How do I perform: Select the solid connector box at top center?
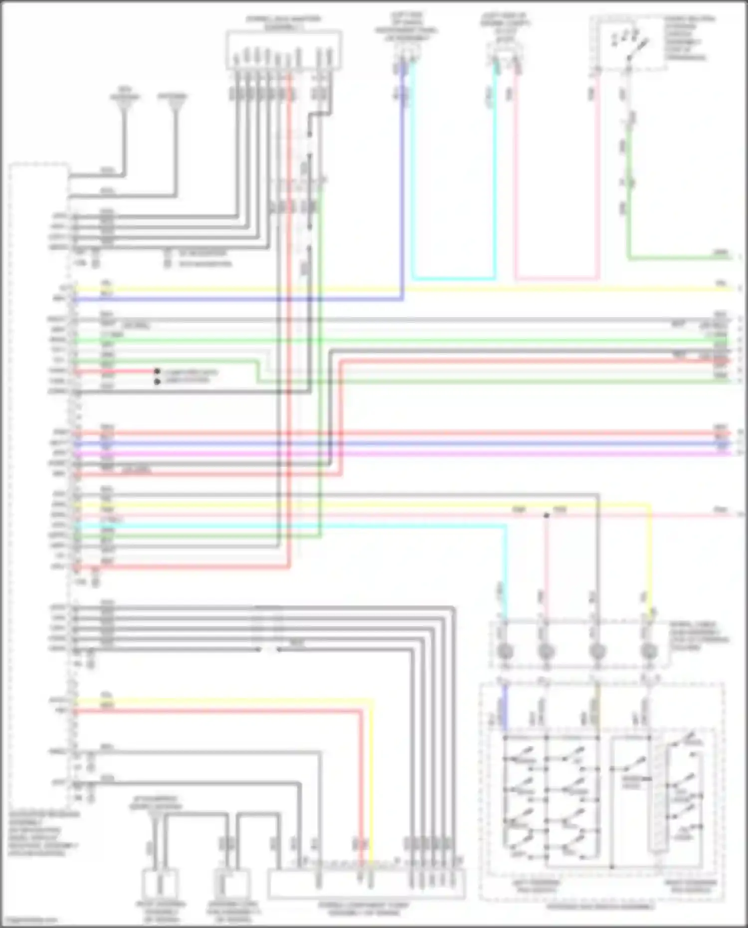pos(284,50)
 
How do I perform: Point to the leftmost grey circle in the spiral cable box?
pos(505,651)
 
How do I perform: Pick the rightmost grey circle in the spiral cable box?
pos(648,651)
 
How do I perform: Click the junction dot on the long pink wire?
pos(546,515)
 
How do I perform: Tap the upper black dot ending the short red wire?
pos(157,371)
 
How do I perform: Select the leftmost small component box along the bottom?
pos(160,883)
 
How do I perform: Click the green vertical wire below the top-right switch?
pos(629,199)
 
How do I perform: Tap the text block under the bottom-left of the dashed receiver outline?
pos(42,833)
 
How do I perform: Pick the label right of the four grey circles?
pos(698,635)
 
